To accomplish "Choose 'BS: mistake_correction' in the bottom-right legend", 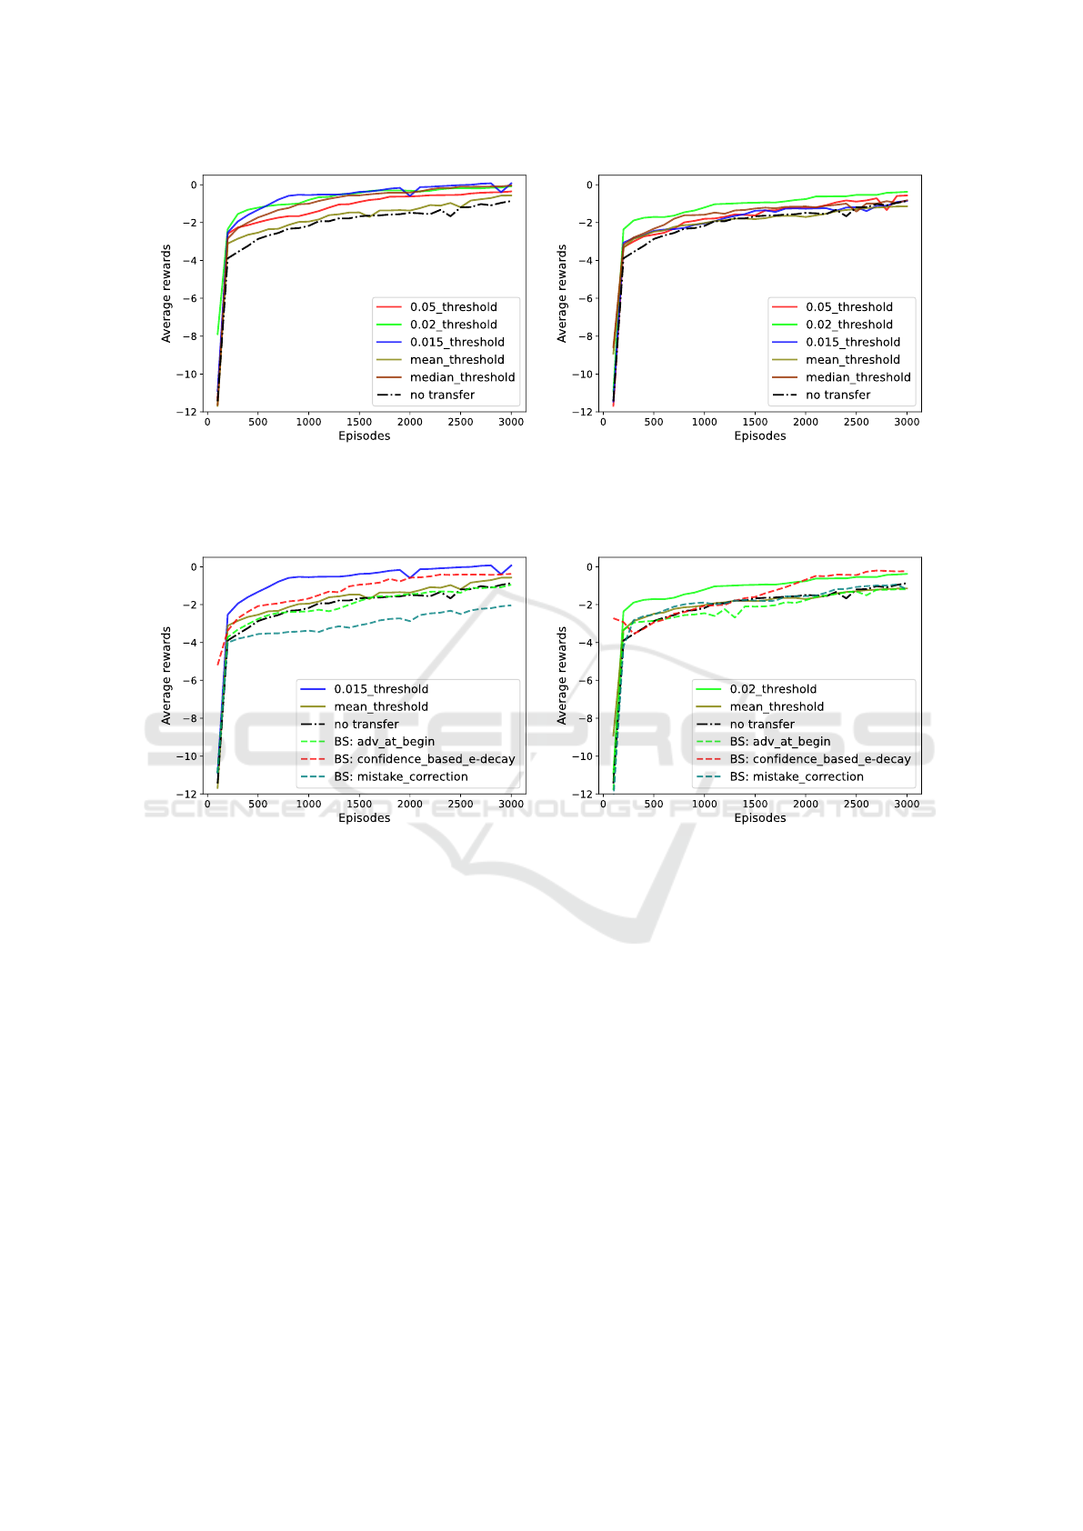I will pos(796,776).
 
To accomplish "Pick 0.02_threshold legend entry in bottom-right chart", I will pos(772,689).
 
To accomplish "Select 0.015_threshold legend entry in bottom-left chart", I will pos(380,689).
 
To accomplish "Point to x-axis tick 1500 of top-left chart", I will pos(359,422).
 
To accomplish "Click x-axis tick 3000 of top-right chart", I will pos(907,422).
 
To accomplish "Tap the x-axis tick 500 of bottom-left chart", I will pos(258,804).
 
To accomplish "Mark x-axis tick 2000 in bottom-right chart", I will pos(806,804).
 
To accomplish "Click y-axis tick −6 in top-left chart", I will pos(191,298).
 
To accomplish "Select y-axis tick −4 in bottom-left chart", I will pos(191,643).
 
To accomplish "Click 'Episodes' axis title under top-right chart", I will pos(760,436).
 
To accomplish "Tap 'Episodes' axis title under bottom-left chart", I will pos(365,818).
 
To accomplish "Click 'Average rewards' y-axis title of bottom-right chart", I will pos(562,675).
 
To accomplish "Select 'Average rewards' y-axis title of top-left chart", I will pos(166,294).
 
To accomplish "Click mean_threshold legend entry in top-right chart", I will pos(852,360).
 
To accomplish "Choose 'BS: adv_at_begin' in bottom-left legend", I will pos(384,742).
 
